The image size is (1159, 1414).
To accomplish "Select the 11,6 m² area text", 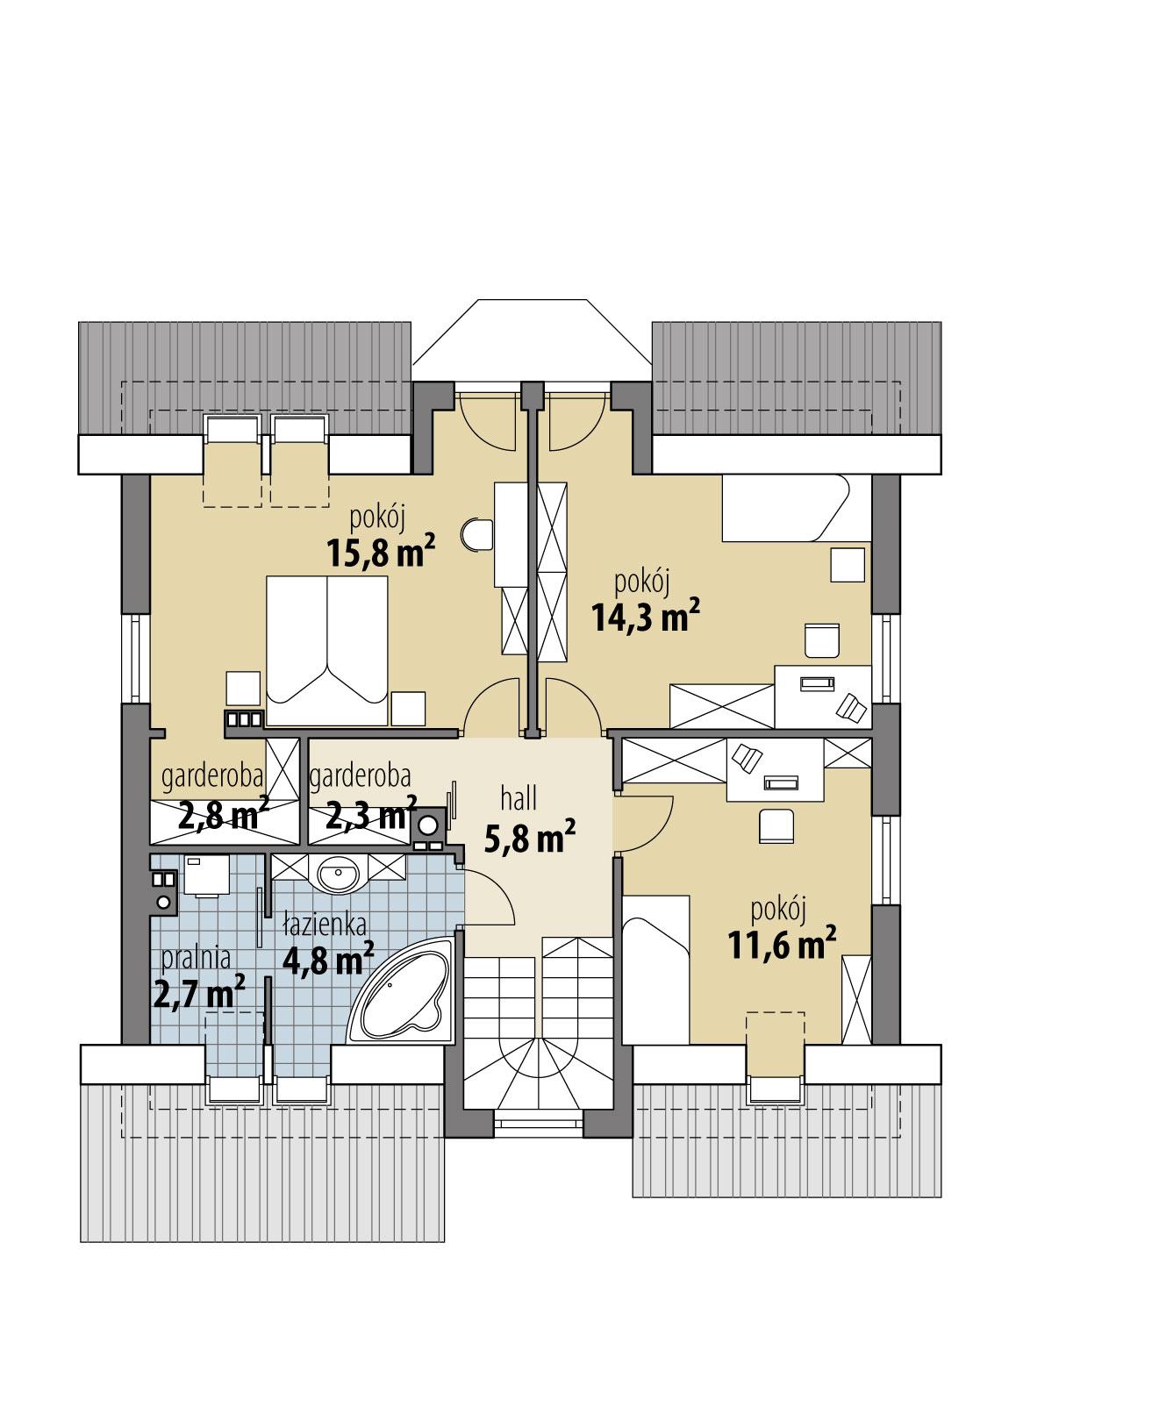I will [780, 946].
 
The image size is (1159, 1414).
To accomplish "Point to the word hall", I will [519, 798].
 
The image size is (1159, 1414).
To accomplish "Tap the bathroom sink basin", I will [338, 875].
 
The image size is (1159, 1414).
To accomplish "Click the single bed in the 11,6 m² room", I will [655, 965].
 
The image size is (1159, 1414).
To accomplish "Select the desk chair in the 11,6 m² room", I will [776, 825].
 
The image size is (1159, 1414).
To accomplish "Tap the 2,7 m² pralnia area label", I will [198, 995].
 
